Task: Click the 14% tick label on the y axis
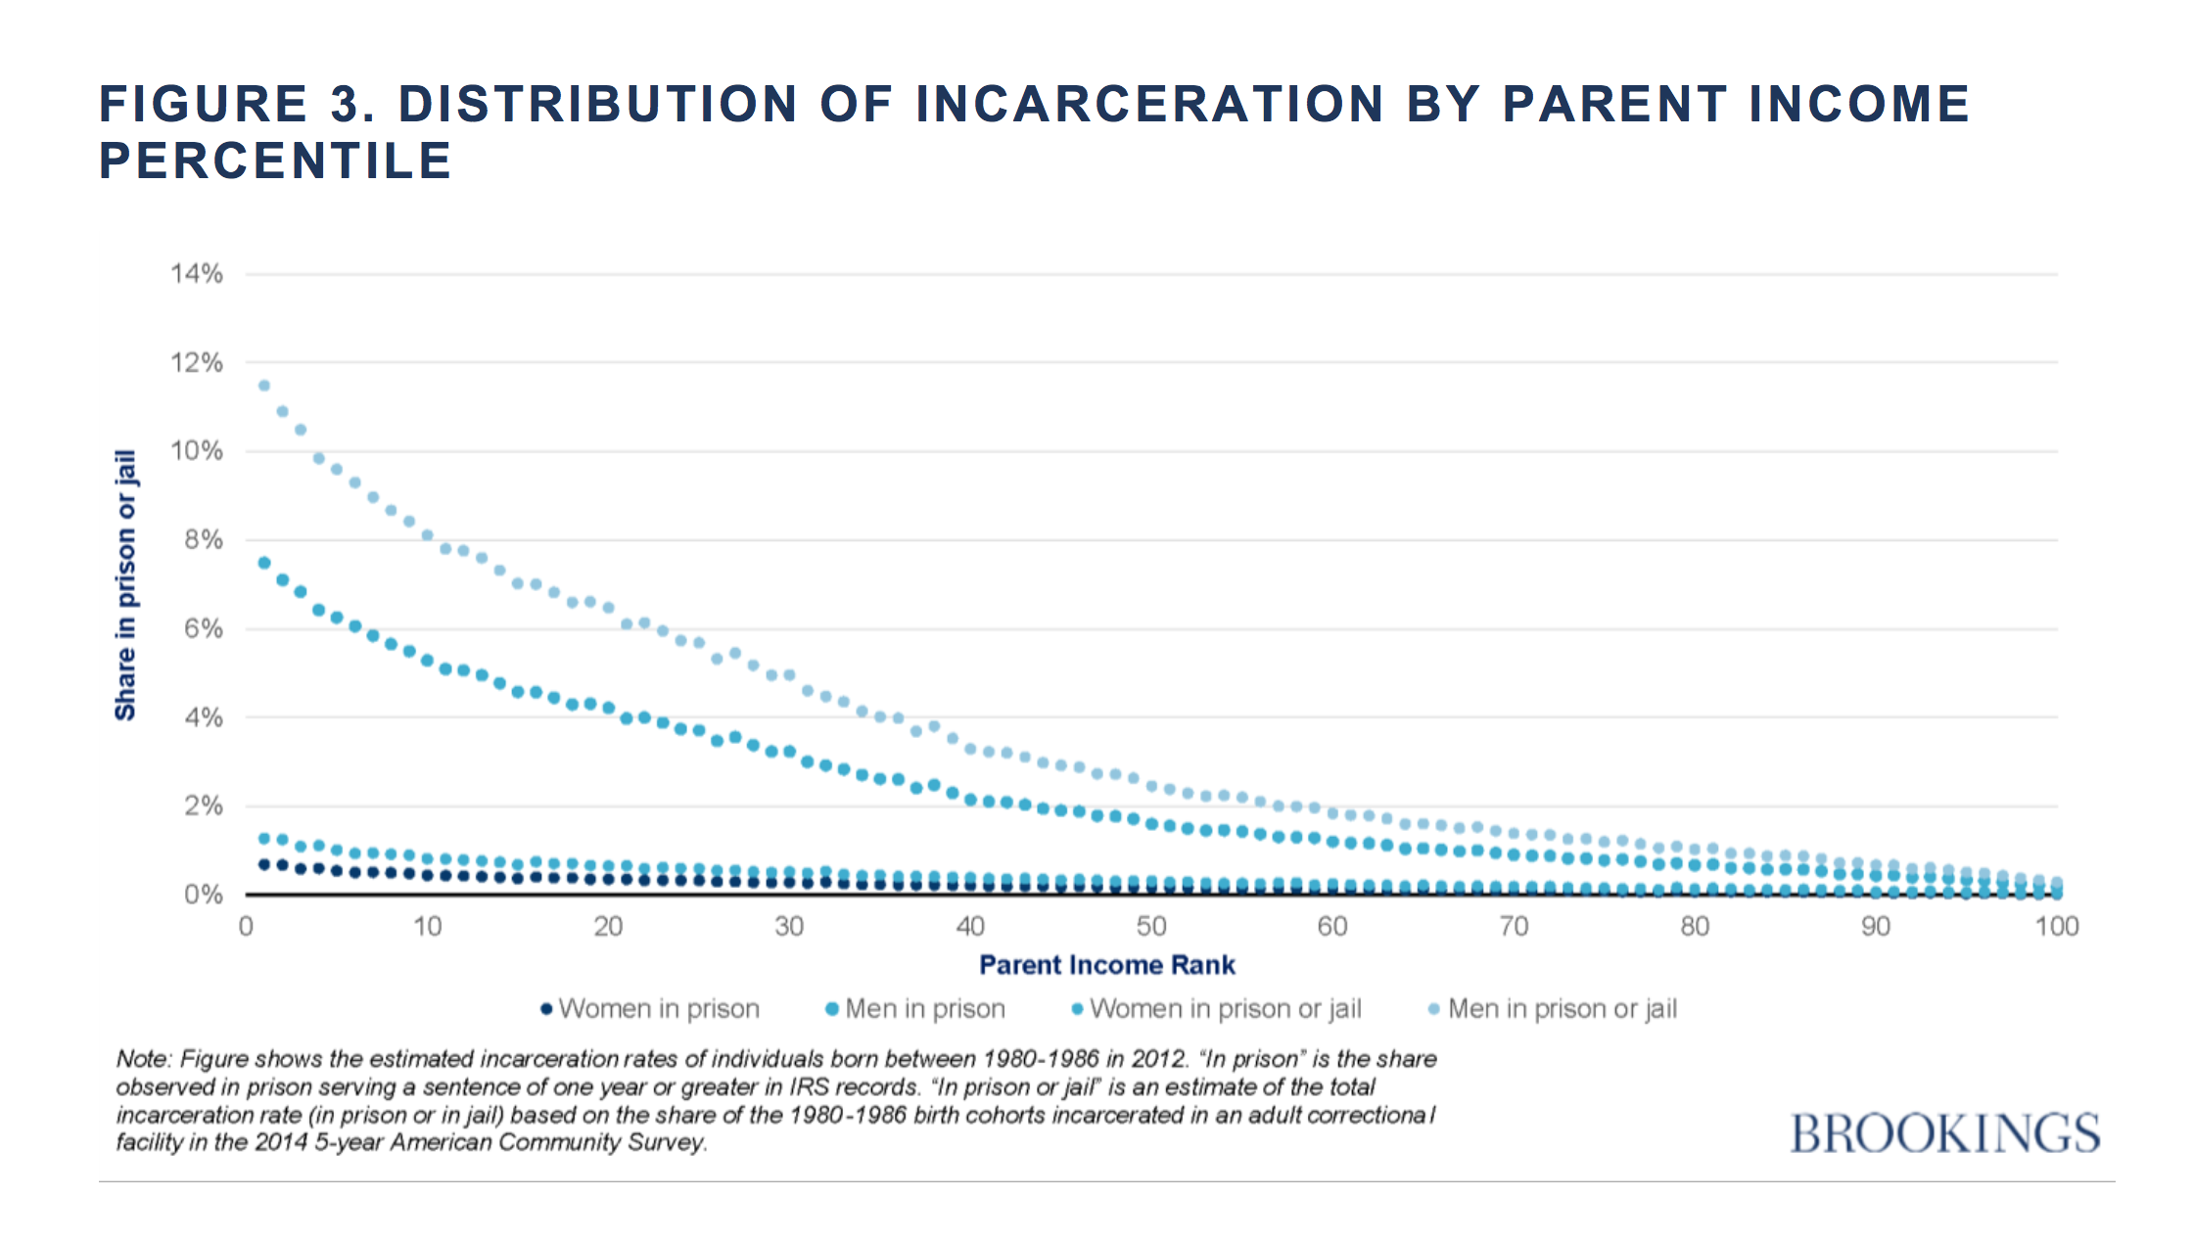[x=197, y=273]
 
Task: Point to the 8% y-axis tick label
[x=203, y=539]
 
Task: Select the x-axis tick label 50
[x=1151, y=926]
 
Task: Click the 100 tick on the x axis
[x=2056, y=926]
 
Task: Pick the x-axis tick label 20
[x=608, y=926]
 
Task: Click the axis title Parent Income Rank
[x=1106, y=965]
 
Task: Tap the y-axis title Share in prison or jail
[x=125, y=585]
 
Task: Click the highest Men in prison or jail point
[x=263, y=386]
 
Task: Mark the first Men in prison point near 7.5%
[x=263, y=563]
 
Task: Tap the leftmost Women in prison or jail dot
[x=263, y=839]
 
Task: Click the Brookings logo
[x=1944, y=1133]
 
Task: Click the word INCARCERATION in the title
[x=1149, y=104]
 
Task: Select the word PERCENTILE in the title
[x=275, y=161]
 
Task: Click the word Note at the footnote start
[x=143, y=1059]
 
